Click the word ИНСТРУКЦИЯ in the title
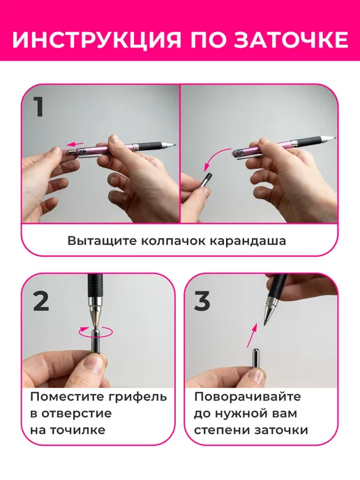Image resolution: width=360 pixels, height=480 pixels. tap(96, 39)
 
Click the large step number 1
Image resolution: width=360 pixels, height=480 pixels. tap(40, 107)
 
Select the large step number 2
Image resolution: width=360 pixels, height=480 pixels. tap(41, 300)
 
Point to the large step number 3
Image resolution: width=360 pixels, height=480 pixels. tap(202, 300)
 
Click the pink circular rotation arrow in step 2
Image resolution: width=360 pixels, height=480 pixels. tap(96, 332)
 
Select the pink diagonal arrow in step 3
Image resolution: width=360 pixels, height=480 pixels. tap(252, 336)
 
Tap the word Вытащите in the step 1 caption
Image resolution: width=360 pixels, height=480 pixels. tap(102, 241)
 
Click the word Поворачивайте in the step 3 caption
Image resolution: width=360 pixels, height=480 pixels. tap(248, 397)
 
